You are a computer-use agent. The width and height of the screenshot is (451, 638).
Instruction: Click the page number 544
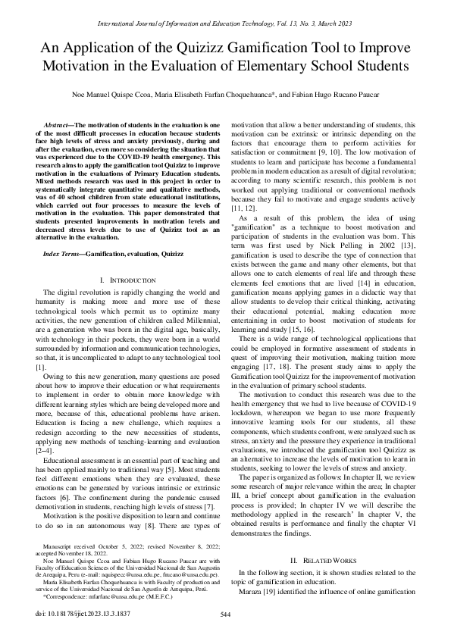(225, 615)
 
